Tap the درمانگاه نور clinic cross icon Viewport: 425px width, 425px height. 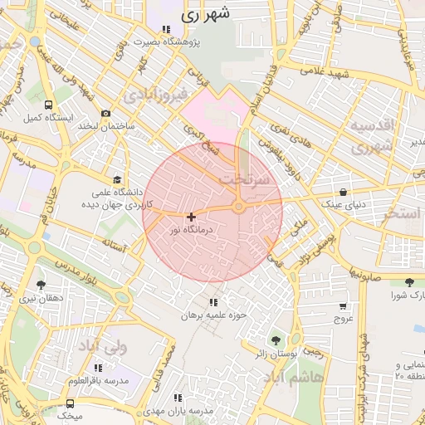(192, 216)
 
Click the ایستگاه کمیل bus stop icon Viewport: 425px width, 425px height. (48, 105)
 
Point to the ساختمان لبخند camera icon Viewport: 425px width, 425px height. (105, 113)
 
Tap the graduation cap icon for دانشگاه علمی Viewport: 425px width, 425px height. (117, 179)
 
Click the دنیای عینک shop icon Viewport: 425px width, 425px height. (343, 191)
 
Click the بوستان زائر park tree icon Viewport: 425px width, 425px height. (276, 340)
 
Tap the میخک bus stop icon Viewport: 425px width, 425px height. (70, 403)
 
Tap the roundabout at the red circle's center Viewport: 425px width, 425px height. (238, 208)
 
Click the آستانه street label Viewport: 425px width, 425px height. (114, 247)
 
